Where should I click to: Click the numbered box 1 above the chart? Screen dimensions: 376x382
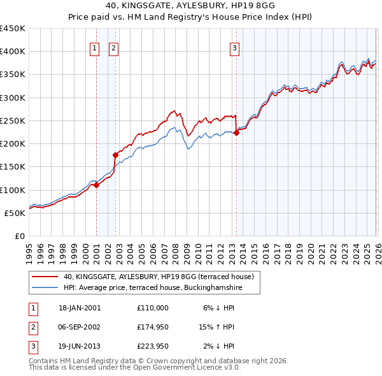(x=95, y=47)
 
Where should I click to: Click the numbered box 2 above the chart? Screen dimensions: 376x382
(x=113, y=47)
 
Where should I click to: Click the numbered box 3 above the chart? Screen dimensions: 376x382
(x=235, y=47)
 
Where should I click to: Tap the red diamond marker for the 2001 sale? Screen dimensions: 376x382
(x=97, y=185)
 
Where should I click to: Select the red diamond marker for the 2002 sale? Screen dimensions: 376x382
(x=115, y=155)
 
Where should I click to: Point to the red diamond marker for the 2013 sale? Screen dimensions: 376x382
(x=236, y=133)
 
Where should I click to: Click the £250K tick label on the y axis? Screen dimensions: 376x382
(x=13, y=120)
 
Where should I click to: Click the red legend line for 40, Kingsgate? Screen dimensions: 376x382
(x=45, y=277)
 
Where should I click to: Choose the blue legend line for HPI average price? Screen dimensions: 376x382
(x=45, y=288)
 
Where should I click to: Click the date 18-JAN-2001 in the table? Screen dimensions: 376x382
(x=80, y=308)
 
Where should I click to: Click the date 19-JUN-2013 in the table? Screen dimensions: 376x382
(x=80, y=346)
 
